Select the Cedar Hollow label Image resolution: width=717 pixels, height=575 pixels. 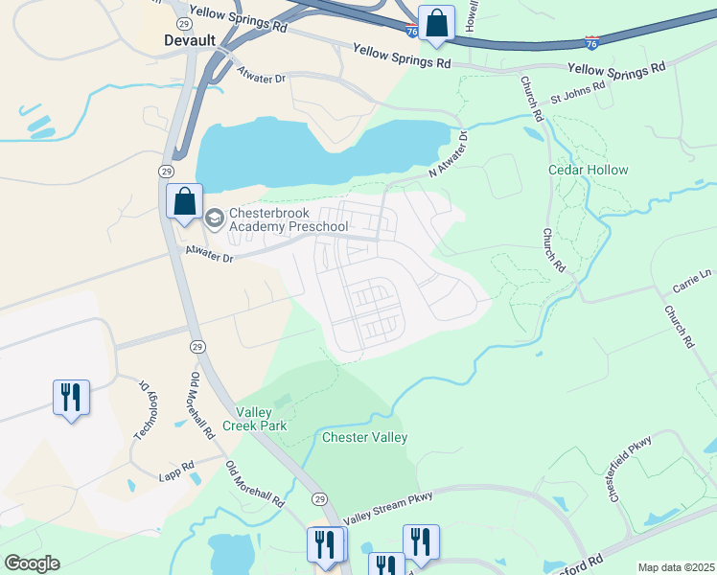(x=588, y=170)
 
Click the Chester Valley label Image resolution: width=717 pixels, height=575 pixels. (x=364, y=438)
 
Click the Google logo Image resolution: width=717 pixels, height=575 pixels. (x=31, y=563)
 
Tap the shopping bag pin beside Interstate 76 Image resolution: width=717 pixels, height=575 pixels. (x=436, y=24)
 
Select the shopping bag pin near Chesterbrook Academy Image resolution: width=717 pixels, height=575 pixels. (x=185, y=202)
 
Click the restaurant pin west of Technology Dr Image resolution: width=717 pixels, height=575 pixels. (x=71, y=397)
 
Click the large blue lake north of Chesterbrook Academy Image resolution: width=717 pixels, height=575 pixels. (x=288, y=153)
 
